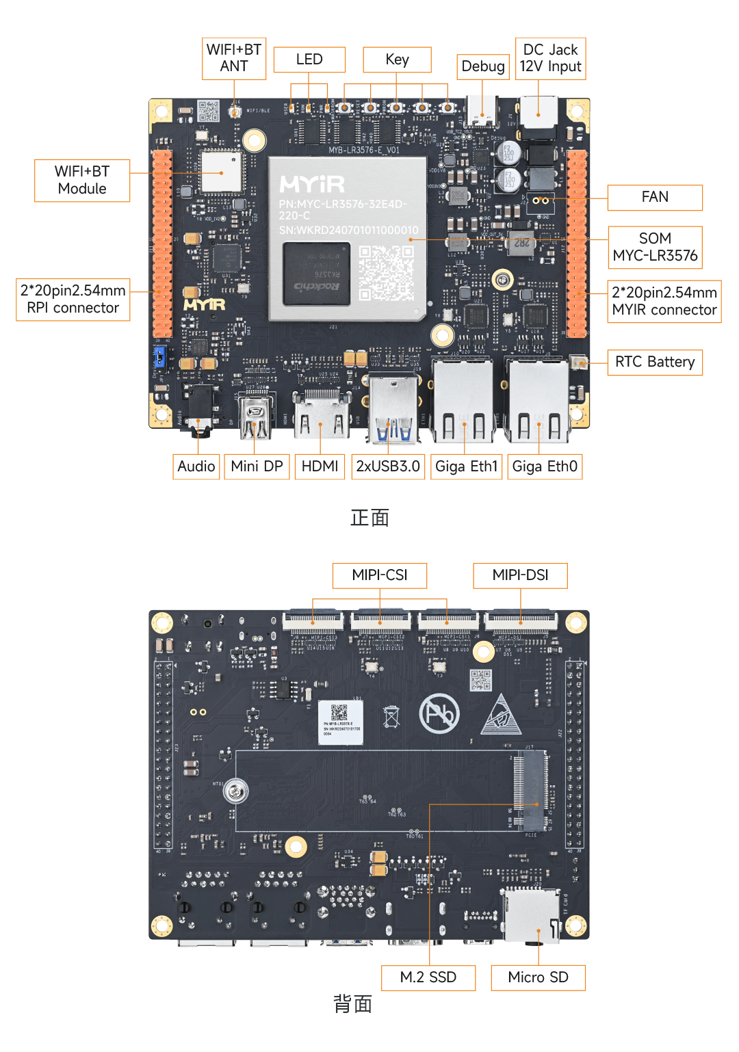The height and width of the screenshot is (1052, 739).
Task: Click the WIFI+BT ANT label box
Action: [234, 59]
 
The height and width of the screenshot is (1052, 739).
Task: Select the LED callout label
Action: [309, 60]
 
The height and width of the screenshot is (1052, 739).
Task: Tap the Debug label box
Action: [483, 66]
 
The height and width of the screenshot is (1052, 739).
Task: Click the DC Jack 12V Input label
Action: [550, 59]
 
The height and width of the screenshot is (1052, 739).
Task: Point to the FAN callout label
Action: [655, 197]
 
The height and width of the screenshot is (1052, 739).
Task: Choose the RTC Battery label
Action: [655, 362]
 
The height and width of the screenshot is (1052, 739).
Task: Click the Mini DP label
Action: [257, 466]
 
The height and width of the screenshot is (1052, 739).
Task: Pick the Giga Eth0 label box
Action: [545, 466]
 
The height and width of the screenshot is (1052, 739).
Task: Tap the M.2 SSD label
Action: [428, 977]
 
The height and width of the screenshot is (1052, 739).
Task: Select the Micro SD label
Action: [538, 977]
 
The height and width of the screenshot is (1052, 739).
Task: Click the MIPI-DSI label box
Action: [520, 575]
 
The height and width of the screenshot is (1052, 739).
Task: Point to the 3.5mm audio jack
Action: [199, 410]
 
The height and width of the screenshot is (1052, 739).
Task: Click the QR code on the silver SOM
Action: [387, 273]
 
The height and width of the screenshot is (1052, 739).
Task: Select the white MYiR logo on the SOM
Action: [313, 184]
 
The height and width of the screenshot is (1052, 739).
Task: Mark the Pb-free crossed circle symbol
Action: [439, 713]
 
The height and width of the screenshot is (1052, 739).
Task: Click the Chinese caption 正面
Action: [369, 518]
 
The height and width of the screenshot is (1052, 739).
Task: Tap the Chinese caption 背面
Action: [352, 1003]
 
